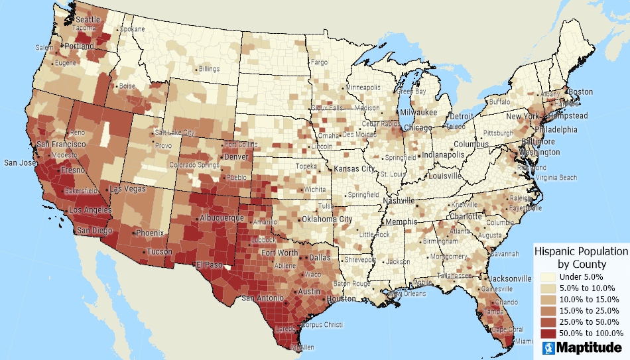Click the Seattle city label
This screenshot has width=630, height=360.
pyautogui.click(x=88, y=20)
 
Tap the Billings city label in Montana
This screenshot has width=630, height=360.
pyautogui.click(x=209, y=69)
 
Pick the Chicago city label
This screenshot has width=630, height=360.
pyautogui.click(x=418, y=127)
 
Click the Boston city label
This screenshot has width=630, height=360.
pyautogui.click(x=581, y=91)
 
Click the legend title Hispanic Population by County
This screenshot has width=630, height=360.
pyautogui.click(x=581, y=257)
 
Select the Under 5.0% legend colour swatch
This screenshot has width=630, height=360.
pyautogui.click(x=547, y=276)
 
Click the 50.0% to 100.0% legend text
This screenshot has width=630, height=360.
pyautogui.click(x=591, y=333)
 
